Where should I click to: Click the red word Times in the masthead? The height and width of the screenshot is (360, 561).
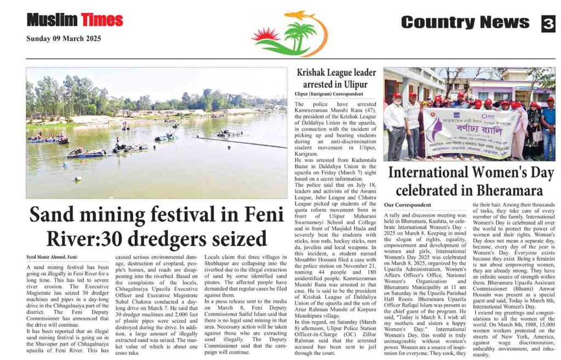pos(102,20)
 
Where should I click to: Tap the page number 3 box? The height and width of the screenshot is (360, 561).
pos(548,23)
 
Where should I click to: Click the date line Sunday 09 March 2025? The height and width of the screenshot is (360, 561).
pos(64,39)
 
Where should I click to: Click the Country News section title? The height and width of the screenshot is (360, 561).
pos(465,22)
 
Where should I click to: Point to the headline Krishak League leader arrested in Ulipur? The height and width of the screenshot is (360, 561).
pos(336,78)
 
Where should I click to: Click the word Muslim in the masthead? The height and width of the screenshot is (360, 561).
pos(52,20)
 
